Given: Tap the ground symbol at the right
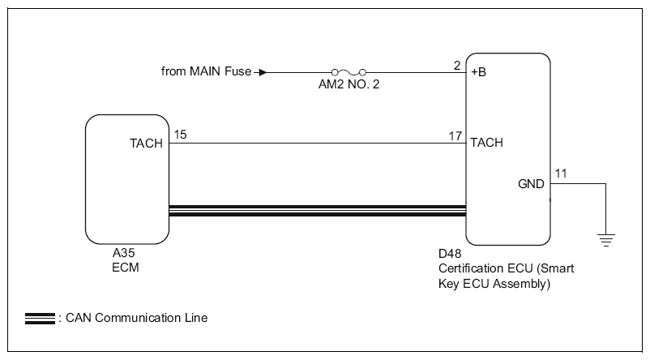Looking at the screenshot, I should pyautogui.click(x=605, y=238).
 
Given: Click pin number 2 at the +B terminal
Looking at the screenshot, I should pyautogui.click(x=457, y=63).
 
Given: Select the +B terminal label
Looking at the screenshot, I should pyautogui.click(x=478, y=73).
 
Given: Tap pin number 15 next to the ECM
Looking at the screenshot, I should pyautogui.click(x=179, y=135).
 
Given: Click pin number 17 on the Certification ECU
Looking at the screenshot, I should pyautogui.click(x=455, y=135).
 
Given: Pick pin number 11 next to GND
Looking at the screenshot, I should pyautogui.click(x=561, y=174).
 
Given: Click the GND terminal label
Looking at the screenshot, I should pyautogui.click(x=531, y=184).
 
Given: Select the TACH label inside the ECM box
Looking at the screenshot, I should pyautogui.click(x=146, y=144).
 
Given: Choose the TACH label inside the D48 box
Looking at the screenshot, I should pyautogui.click(x=487, y=144).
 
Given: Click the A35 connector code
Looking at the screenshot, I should pyautogui.click(x=124, y=253).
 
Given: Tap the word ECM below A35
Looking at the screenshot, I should pyautogui.click(x=125, y=267).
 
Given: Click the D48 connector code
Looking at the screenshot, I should pyautogui.click(x=448, y=253).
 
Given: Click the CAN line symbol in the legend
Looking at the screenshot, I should pyautogui.click(x=40, y=318).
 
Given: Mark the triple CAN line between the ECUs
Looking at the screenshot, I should pyautogui.click(x=317, y=211).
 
